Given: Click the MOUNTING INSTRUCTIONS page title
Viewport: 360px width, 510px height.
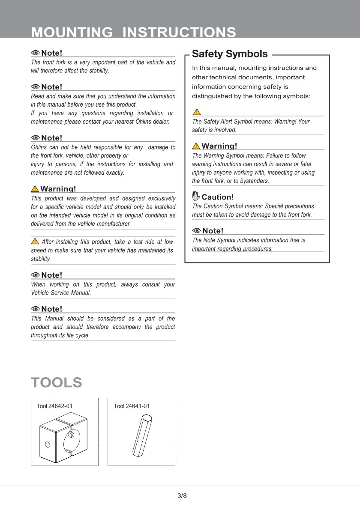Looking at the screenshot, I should tap(133, 32).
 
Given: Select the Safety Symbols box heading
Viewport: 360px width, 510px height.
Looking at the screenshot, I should tap(230, 54).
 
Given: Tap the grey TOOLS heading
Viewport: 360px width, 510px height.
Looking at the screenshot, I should tap(56, 382).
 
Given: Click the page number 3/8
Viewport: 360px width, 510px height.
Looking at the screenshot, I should tap(182, 496).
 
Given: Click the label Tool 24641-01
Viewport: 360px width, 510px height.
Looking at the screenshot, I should tap(132, 406).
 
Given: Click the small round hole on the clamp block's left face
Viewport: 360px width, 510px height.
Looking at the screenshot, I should tap(48, 444).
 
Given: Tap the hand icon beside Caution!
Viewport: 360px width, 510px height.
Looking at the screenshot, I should tap(196, 197).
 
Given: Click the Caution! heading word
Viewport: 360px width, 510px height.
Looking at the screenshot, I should tap(218, 197).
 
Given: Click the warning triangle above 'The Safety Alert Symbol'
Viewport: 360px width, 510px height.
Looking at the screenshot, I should tap(197, 112).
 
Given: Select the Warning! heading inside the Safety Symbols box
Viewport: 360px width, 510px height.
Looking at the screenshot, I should tap(219, 146).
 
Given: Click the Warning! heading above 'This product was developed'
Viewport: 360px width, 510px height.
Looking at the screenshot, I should tap(58, 189).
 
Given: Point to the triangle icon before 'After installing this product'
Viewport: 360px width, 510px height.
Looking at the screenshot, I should tap(35, 241).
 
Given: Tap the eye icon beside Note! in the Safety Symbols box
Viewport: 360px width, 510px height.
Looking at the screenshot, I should tap(197, 231).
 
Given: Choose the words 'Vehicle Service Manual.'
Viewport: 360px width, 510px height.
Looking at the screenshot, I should tap(61, 293).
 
